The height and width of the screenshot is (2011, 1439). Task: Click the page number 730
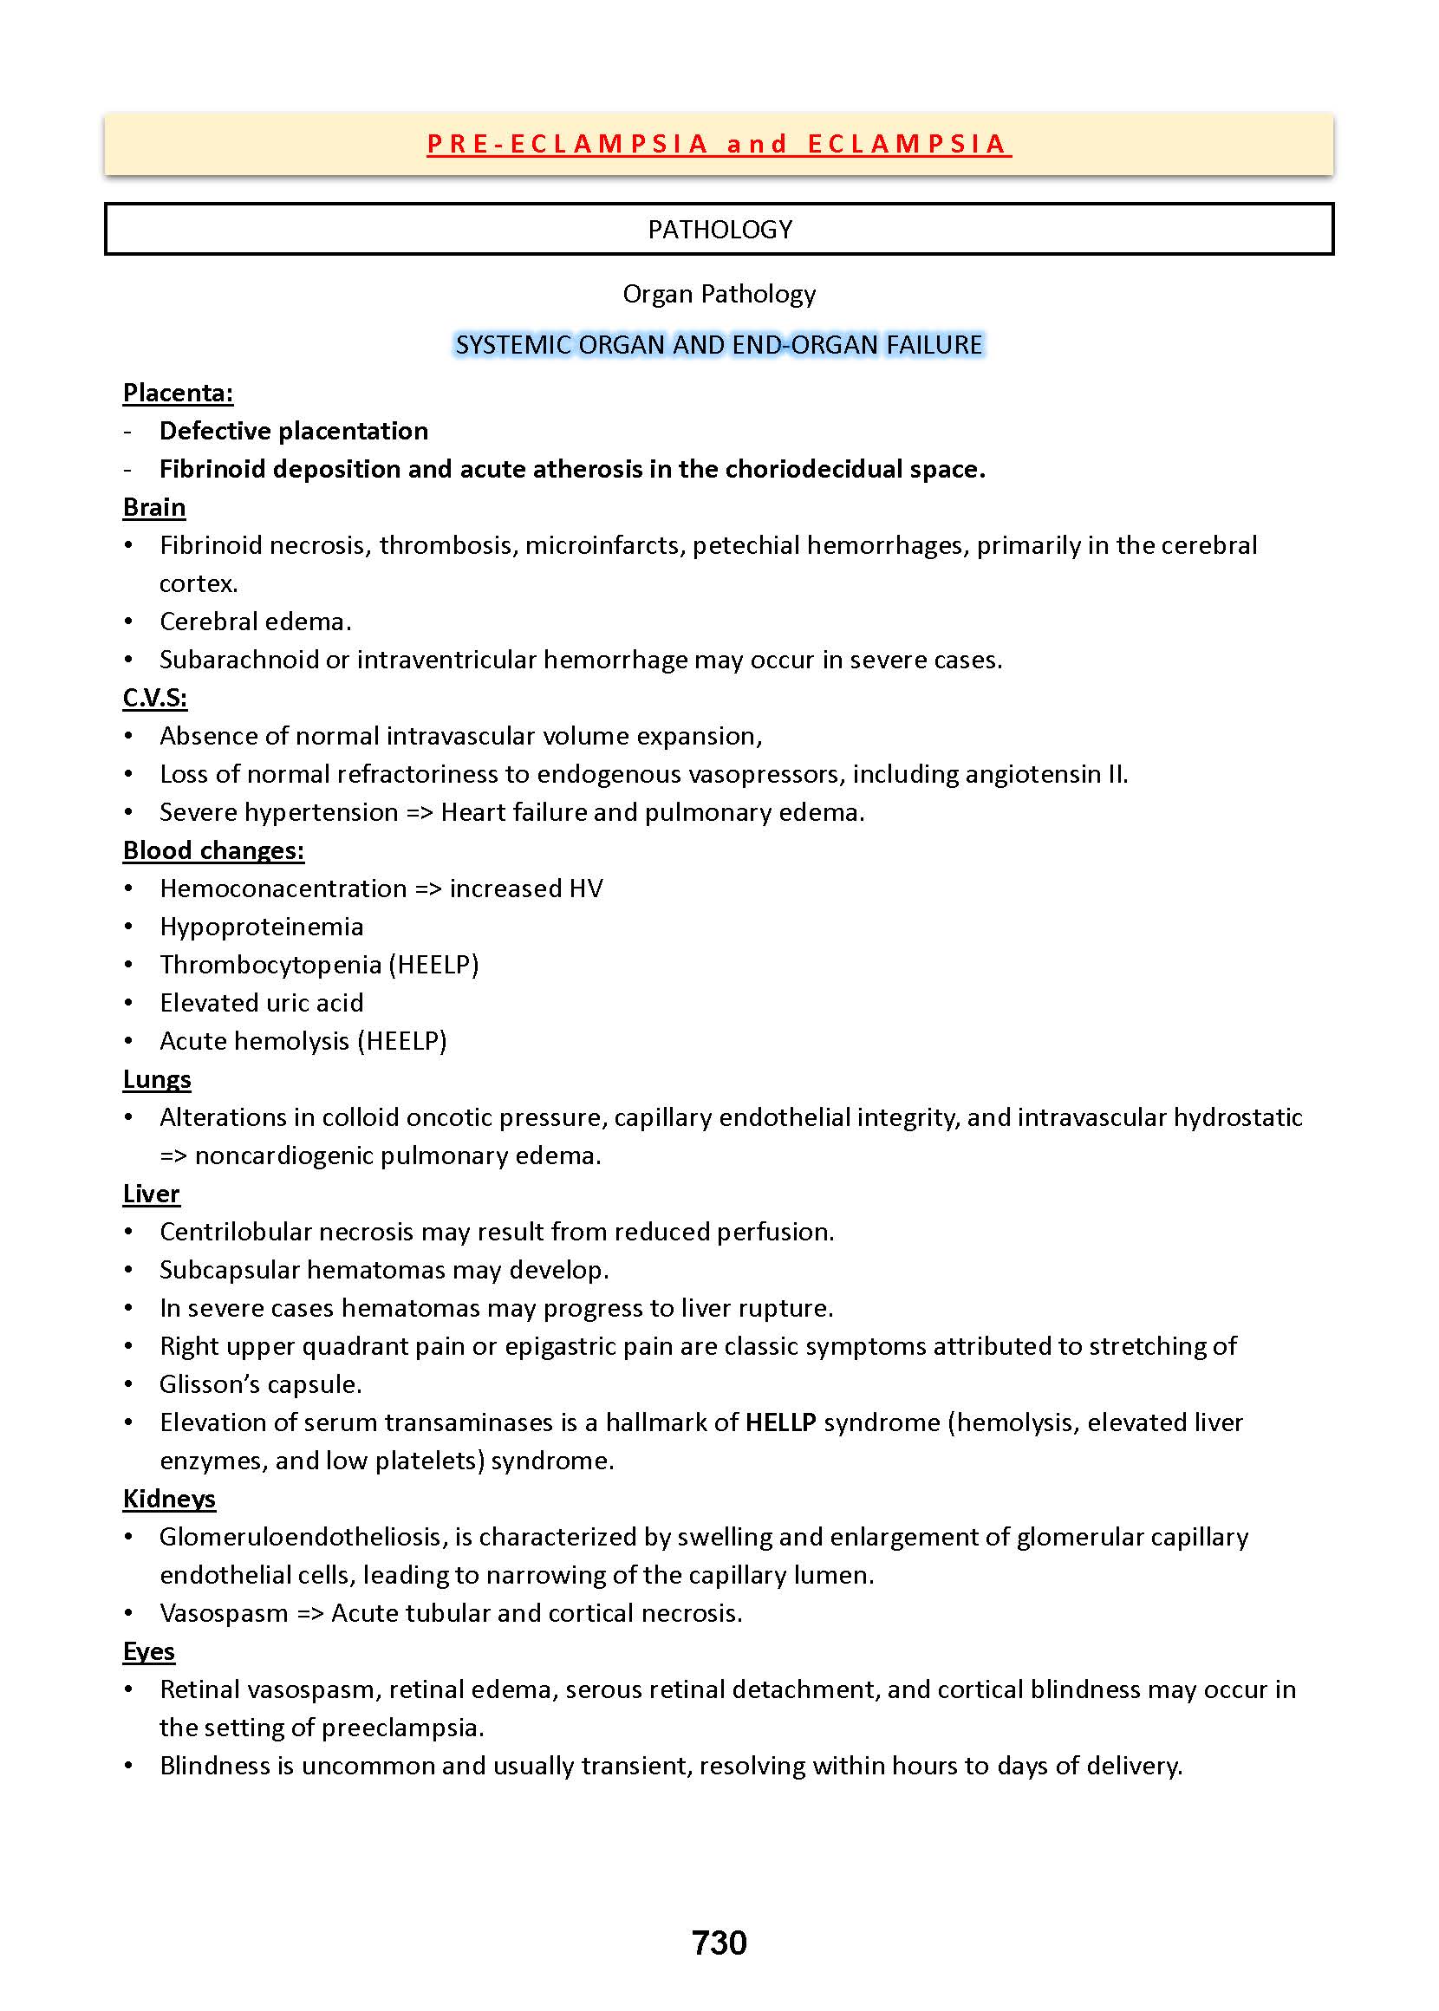pyautogui.click(x=719, y=1942)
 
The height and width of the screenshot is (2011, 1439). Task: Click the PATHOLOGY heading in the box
pyautogui.click(x=719, y=230)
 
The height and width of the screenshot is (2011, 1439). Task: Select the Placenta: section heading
pyautogui.click(x=178, y=393)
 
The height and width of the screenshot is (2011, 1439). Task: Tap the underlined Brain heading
pyautogui.click(x=154, y=507)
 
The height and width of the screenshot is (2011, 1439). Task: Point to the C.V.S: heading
pyautogui.click(x=155, y=697)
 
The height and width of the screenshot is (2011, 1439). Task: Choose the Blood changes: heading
pyautogui.click(x=213, y=849)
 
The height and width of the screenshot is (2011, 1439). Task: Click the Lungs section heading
pyautogui.click(x=157, y=1079)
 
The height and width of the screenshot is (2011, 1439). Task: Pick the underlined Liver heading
pyautogui.click(x=152, y=1194)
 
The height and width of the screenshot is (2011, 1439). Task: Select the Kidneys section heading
pyautogui.click(x=169, y=1498)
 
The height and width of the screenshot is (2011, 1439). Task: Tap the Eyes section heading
pyautogui.click(x=149, y=1651)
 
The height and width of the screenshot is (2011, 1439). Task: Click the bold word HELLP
pyautogui.click(x=780, y=1422)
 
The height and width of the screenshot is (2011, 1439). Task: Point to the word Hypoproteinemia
pyautogui.click(x=262, y=927)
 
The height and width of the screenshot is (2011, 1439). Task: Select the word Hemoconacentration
pyautogui.click(x=283, y=888)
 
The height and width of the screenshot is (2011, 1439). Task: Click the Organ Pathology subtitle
pyautogui.click(x=719, y=294)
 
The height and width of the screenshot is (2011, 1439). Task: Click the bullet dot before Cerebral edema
pyautogui.click(x=129, y=622)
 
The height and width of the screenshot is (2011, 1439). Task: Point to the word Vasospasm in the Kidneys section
pyautogui.click(x=224, y=1612)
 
